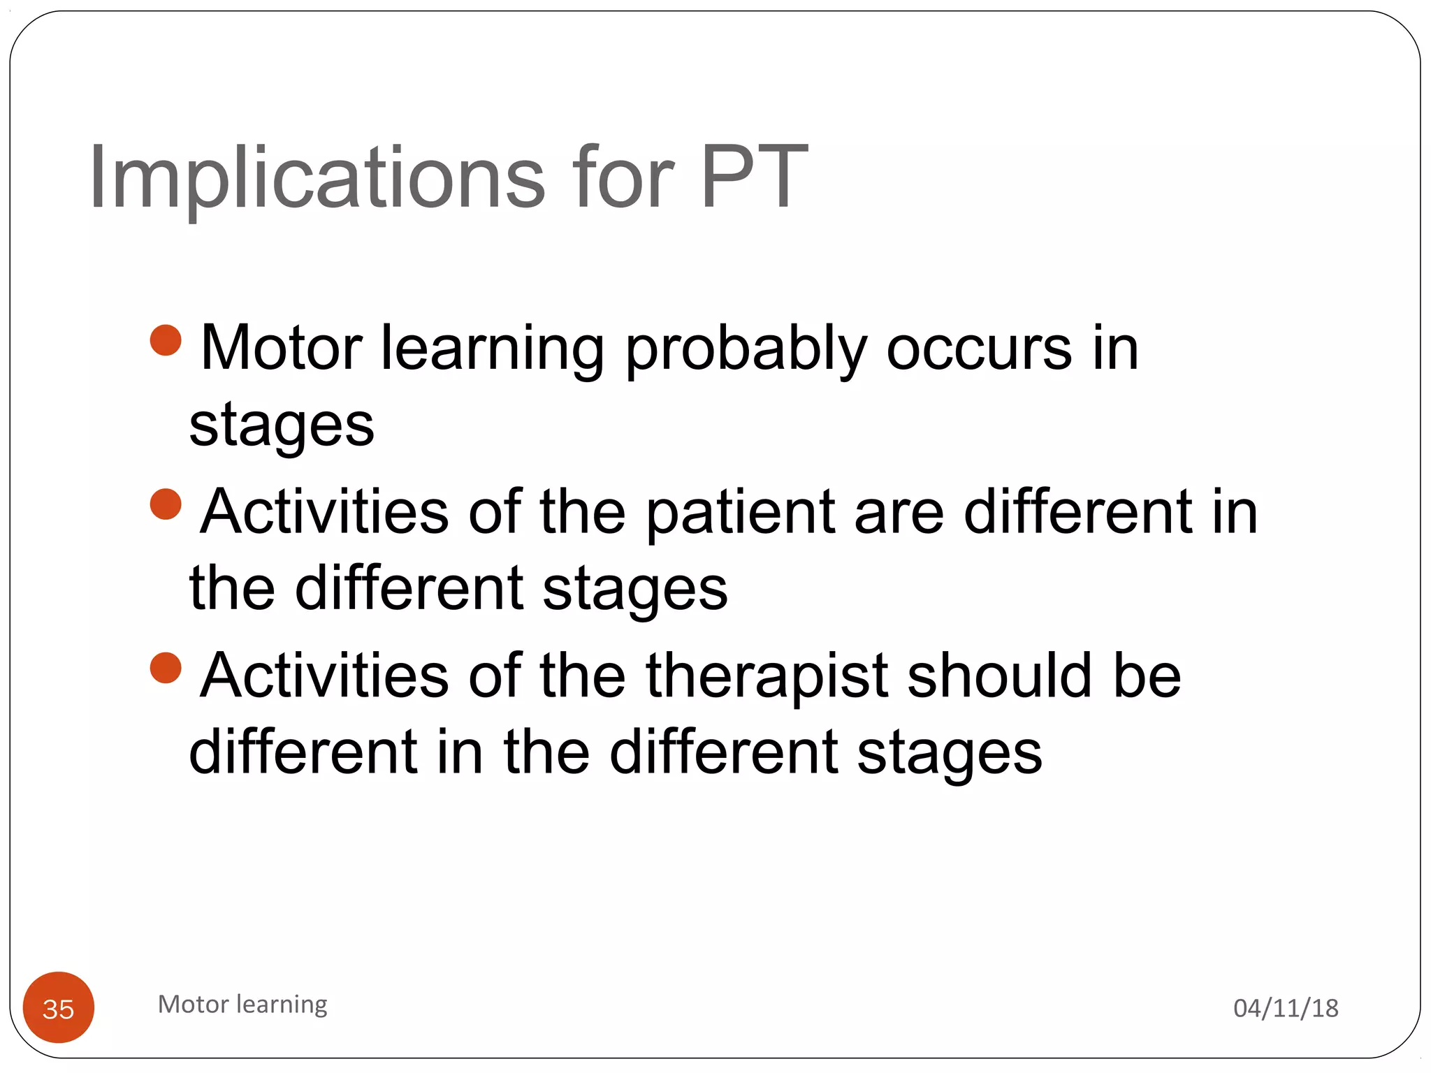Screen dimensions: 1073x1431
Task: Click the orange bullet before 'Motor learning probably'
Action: (x=166, y=341)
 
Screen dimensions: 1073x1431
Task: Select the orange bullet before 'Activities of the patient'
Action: (x=166, y=504)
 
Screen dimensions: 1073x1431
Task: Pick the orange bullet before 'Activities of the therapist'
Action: (x=166, y=668)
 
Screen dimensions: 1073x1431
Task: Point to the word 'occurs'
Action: (x=978, y=349)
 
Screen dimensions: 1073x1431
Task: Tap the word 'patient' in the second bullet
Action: (x=741, y=513)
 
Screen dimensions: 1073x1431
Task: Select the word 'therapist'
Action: (x=767, y=676)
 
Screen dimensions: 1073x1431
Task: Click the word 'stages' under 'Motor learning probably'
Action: (x=282, y=426)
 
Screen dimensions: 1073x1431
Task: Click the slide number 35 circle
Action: (x=59, y=1007)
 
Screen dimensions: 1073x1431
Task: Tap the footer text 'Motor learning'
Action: (x=242, y=1005)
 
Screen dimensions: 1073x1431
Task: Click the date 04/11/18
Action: (x=1286, y=1008)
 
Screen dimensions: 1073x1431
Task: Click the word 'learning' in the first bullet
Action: (x=492, y=349)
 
